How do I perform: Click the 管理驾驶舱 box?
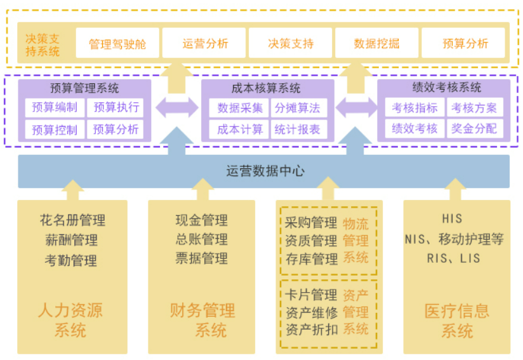pos(117,43)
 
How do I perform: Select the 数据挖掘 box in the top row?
pos(376,43)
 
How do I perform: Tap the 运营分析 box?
pos(204,43)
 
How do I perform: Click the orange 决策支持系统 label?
pos(43,45)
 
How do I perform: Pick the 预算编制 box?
pos(55,107)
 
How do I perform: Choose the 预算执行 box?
pos(116,107)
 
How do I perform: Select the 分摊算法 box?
pos(298,108)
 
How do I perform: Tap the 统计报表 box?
pos(298,129)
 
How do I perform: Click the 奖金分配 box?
pos(475,128)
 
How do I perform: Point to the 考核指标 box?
pos(414,107)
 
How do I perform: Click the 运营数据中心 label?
pos(265,171)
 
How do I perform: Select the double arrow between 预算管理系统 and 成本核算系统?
pos(177,107)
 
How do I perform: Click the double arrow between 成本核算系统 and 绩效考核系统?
pos(356,107)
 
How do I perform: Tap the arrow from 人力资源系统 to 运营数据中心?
pos(73,190)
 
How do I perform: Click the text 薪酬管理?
pos(71,240)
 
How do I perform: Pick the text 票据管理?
pos(201,258)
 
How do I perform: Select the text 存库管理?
pos(311,259)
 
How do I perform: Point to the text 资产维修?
pos(311,312)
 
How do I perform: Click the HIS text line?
pos(452,219)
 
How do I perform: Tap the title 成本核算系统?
pos(266,88)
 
